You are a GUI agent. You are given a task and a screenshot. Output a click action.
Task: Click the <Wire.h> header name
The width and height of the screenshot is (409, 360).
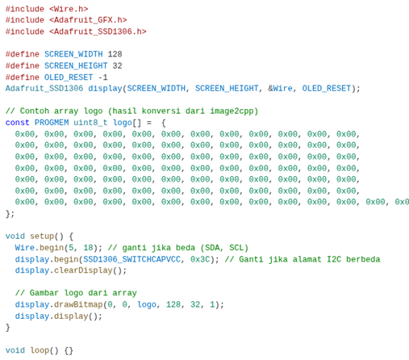coord(69,9)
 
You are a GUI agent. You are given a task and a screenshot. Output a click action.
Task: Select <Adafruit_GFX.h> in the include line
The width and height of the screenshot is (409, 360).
coord(88,20)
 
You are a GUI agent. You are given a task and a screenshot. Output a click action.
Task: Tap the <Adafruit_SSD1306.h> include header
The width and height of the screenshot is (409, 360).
coord(98,31)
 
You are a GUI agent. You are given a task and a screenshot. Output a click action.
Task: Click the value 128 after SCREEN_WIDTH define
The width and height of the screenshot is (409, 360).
coord(115,54)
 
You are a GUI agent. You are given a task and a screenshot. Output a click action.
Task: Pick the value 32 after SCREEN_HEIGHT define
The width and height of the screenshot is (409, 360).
coord(117,65)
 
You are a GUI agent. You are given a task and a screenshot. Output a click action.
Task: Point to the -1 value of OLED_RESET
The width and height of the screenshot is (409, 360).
coord(102,77)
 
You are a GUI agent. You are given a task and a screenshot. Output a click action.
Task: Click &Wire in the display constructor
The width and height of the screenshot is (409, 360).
coord(280,88)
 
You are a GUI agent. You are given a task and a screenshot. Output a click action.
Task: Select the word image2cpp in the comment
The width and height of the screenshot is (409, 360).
coord(234,111)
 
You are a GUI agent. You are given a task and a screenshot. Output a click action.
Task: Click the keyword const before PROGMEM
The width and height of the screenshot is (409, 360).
coord(17,123)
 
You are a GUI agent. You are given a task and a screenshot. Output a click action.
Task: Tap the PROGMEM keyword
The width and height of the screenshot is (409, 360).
coord(52,123)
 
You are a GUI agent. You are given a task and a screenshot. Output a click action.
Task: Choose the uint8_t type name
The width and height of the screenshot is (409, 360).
coord(90,123)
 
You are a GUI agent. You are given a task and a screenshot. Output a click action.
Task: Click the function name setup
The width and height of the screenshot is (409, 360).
coord(42,237)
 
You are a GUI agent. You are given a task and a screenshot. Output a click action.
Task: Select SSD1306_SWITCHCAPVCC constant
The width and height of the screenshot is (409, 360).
coord(131,259)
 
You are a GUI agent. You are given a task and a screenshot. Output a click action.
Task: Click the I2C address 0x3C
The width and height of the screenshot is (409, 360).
coord(200,259)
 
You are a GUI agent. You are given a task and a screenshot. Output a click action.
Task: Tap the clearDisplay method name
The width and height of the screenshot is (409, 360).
coord(83,270)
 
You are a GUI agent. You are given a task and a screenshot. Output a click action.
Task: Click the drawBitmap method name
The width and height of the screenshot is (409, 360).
coord(78,304)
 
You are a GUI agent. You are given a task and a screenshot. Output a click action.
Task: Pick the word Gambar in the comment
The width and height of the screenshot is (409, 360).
coord(44,293)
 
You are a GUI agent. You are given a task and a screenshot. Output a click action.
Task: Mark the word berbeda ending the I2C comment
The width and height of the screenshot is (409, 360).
coord(363,259)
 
